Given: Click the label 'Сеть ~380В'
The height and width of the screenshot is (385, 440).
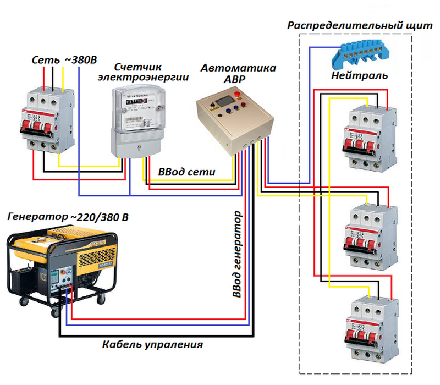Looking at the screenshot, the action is click(x=64, y=60).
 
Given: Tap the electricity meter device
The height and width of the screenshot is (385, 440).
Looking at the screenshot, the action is click(x=137, y=121).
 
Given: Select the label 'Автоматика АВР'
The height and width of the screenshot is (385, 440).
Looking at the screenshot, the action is click(x=238, y=74).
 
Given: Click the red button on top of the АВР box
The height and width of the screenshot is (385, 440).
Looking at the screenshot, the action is click(x=238, y=94).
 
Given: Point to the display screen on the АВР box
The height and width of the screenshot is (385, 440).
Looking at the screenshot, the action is click(x=224, y=101).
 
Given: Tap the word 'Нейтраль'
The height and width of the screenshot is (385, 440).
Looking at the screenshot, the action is click(x=360, y=75).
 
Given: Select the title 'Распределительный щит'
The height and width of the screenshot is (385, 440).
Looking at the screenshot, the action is click(x=360, y=25).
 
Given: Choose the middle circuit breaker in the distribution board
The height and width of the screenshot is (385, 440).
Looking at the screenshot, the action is click(x=371, y=237).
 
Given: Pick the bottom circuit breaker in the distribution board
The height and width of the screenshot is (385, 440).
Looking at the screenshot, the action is click(x=372, y=331).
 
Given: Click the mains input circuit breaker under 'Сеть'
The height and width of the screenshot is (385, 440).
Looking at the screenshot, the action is click(x=48, y=120).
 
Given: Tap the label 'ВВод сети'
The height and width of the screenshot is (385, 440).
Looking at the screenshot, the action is click(x=187, y=172).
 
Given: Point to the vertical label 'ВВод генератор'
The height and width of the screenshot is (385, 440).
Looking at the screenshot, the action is click(x=237, y=254).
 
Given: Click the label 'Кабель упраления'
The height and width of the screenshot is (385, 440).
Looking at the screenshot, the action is click(x=152, y=345).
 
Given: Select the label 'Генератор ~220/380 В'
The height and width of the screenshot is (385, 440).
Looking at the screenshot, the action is click(x=68, y=217).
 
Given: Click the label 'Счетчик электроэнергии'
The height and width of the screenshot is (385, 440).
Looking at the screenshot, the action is click(x=143, y=72).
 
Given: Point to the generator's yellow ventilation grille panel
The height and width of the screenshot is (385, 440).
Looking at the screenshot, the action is click(x=97, y=256).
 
